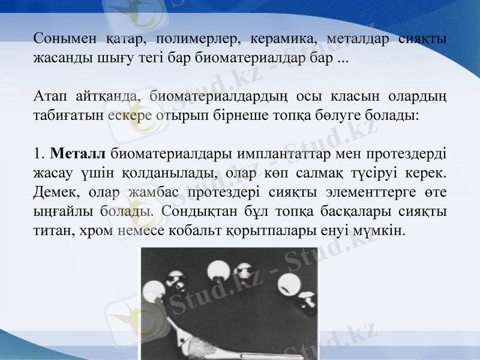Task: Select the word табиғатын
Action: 68,115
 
